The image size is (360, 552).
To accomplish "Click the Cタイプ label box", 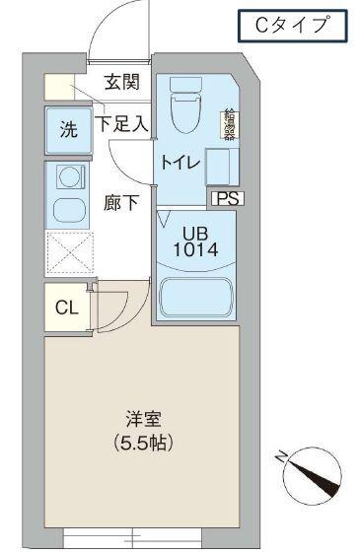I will (292, 27).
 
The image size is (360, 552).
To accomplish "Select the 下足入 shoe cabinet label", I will (121, 124).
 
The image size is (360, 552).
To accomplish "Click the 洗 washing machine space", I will (68, 130).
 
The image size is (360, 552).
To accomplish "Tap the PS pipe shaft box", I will (227, 198).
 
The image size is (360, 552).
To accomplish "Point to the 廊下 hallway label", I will (121, 203).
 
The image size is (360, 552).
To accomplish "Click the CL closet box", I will (65, 309).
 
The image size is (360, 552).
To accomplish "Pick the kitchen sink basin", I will (68, 210).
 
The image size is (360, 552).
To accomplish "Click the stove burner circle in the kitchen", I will (68, 178).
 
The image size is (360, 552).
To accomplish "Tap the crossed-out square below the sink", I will (68, 254).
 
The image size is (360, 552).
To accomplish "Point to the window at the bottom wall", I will (132, 539).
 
